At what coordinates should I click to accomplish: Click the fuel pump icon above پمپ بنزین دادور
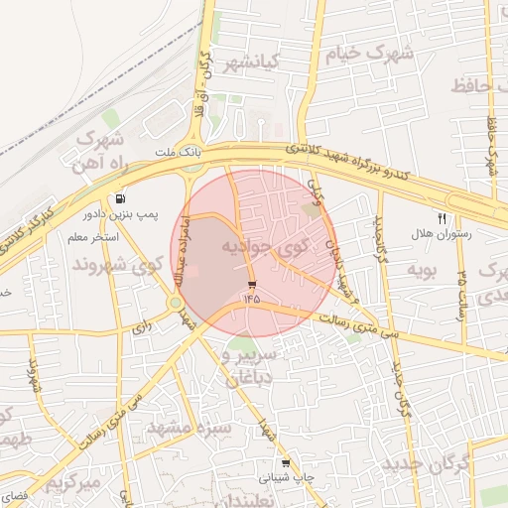[120, 197]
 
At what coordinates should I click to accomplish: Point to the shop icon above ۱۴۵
[250, 284]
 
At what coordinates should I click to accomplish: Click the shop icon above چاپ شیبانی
[287, 462]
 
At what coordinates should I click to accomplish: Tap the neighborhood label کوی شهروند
[116, 265]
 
